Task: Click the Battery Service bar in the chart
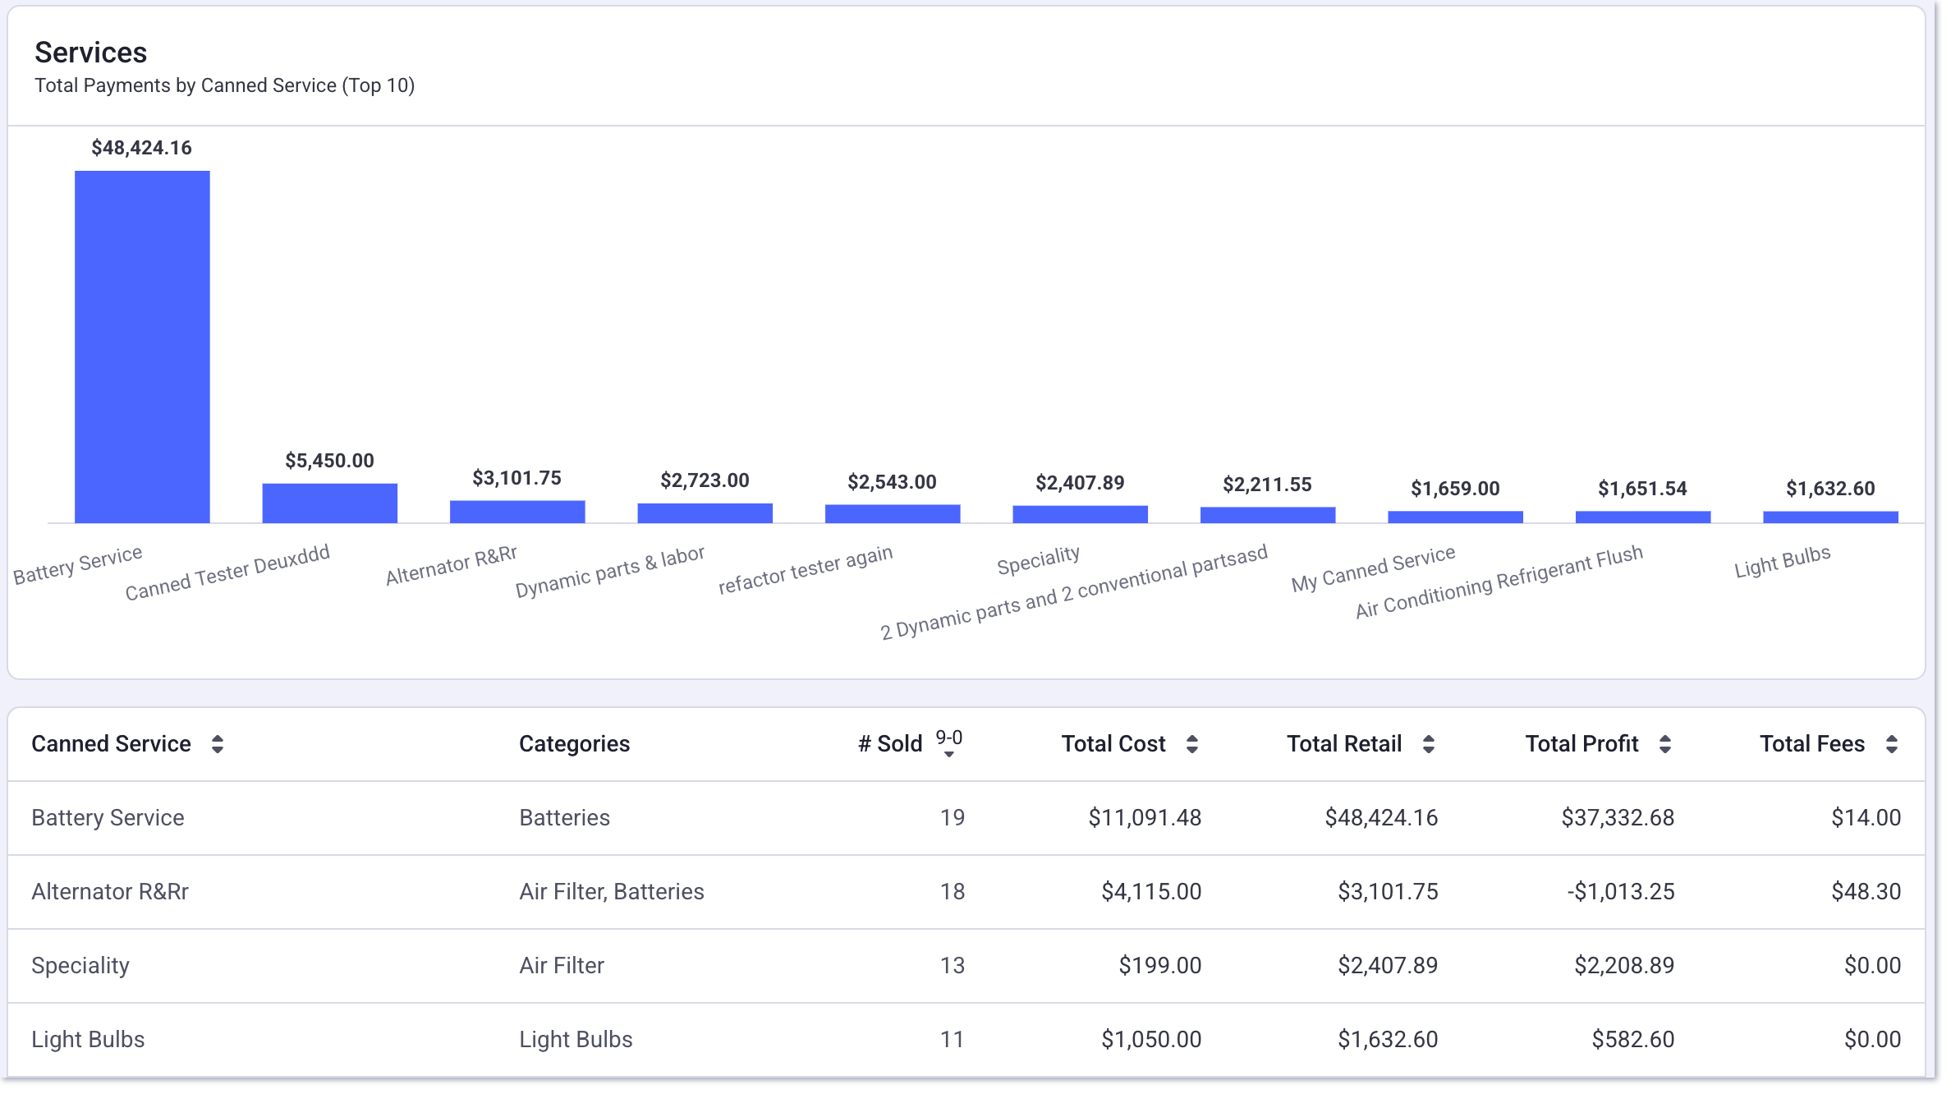click(142, 347)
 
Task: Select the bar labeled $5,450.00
click(329, 503)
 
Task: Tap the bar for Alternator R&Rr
click(517, 512)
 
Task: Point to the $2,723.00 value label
click(705, 480)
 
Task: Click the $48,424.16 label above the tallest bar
click(141, 148)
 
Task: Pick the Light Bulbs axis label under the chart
click(1782, 563)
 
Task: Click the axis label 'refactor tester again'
click(805, 570)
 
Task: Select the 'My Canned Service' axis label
click(1373, 569)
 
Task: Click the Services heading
click(90, 53)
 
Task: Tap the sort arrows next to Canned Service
click(218, 744)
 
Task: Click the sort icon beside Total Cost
click(1192, 744)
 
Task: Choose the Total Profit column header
click(1581, 744)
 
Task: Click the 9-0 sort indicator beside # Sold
click(949, 742)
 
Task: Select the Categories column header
click(574, 744)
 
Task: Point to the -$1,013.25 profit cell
click(1620, 892)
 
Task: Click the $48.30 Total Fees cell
click(1866, 892)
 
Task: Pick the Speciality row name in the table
click(80, 966)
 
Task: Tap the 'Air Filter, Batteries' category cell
click(612, 892)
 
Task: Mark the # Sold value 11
click(952, 1040)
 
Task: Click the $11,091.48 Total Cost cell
click(1145, 818)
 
